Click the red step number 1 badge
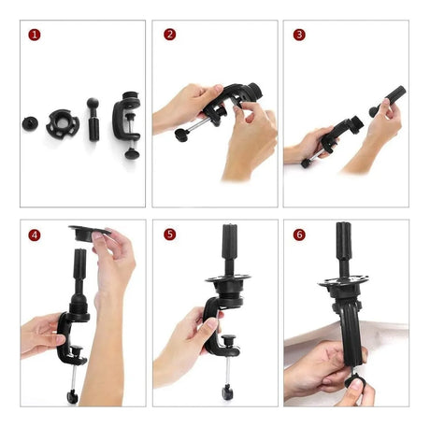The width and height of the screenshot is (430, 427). [35, 35]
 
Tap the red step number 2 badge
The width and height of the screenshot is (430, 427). [169, 35]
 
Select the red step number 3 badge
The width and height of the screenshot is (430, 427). [299, 35]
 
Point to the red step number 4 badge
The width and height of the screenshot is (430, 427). [35, 235]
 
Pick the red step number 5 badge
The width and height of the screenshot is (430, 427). [169, 235]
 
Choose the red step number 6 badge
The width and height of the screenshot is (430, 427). [299, 235]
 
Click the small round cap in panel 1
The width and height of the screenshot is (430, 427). [30, 123]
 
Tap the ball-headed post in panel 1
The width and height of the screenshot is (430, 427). [93, 120]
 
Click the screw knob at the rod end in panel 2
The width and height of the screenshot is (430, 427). [181, 135]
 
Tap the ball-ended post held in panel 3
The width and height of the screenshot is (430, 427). [388, 101]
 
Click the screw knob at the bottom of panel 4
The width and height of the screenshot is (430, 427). [72, 397]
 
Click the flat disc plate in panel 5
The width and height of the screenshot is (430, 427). [228, 278]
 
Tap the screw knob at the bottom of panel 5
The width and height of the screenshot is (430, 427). [227, 391]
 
